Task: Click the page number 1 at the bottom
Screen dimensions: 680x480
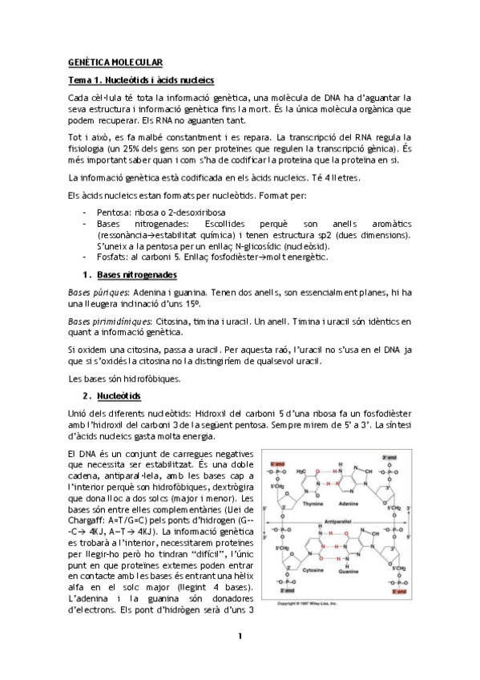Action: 240,660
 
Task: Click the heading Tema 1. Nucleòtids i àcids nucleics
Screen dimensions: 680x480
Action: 141,80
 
